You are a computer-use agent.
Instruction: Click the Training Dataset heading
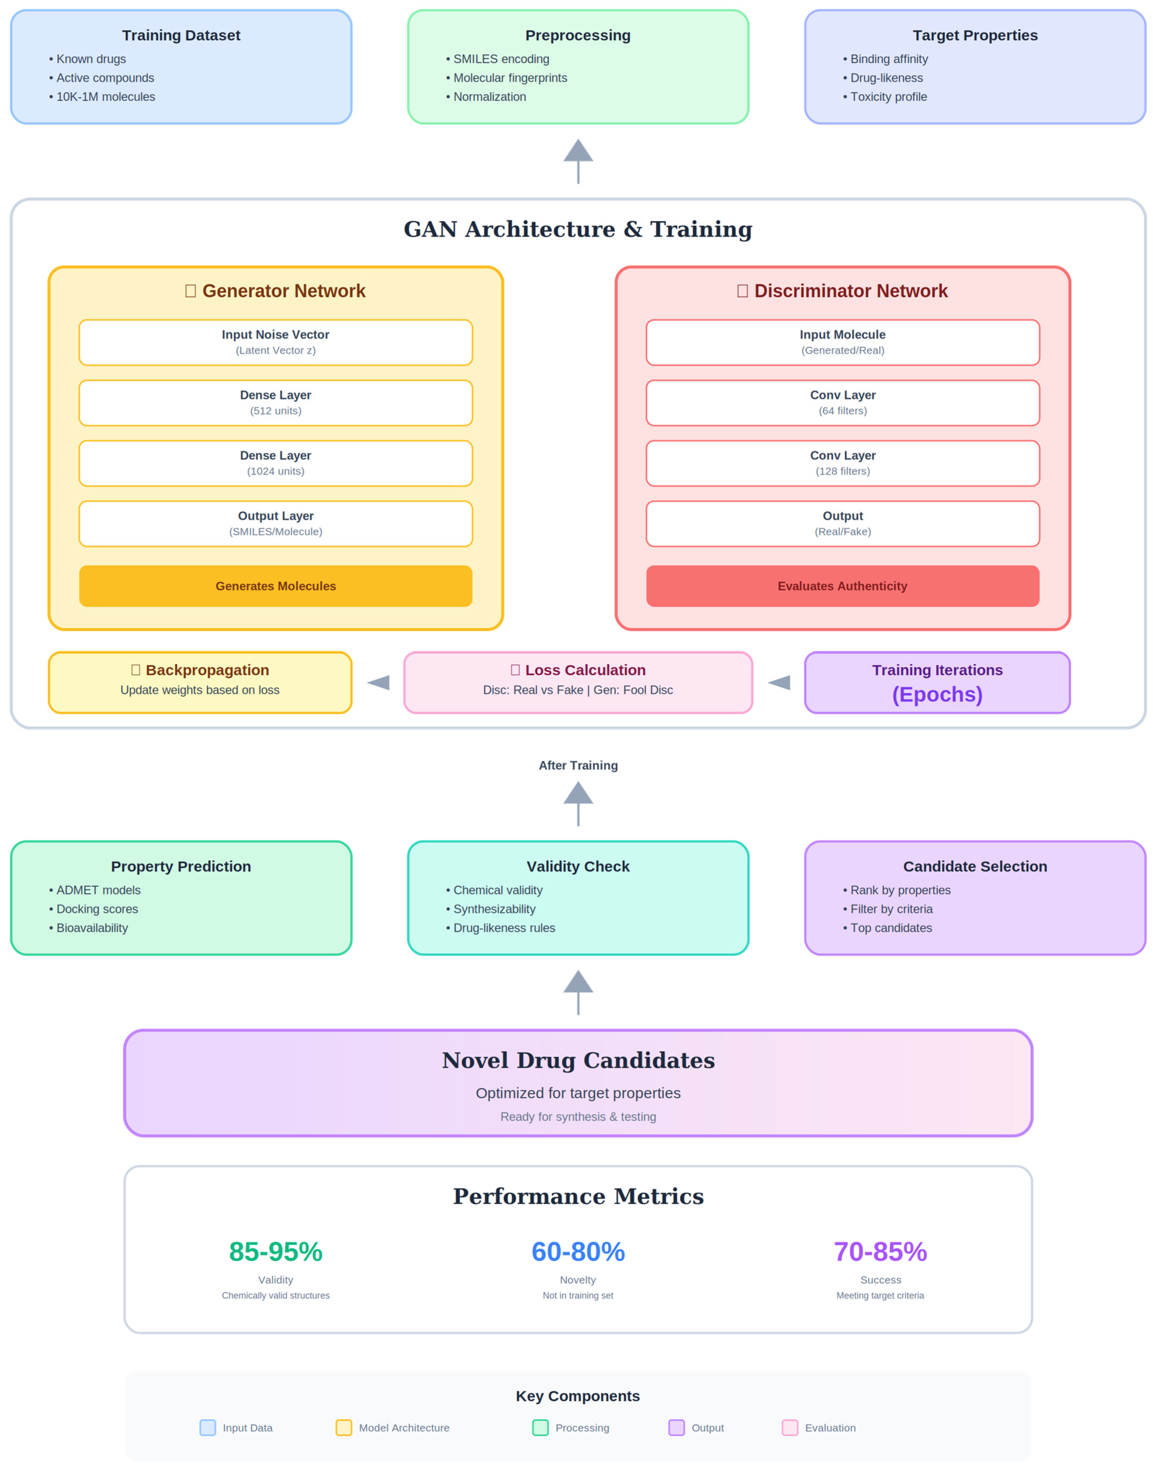(x=181, y=35)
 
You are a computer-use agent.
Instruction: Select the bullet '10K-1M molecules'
(x=105, y=97)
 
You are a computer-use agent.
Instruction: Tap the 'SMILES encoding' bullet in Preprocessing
(x=500, y=59)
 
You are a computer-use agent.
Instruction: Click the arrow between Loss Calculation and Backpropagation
(x=378, y=682)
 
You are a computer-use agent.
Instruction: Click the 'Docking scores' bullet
(x=97, y=909)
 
